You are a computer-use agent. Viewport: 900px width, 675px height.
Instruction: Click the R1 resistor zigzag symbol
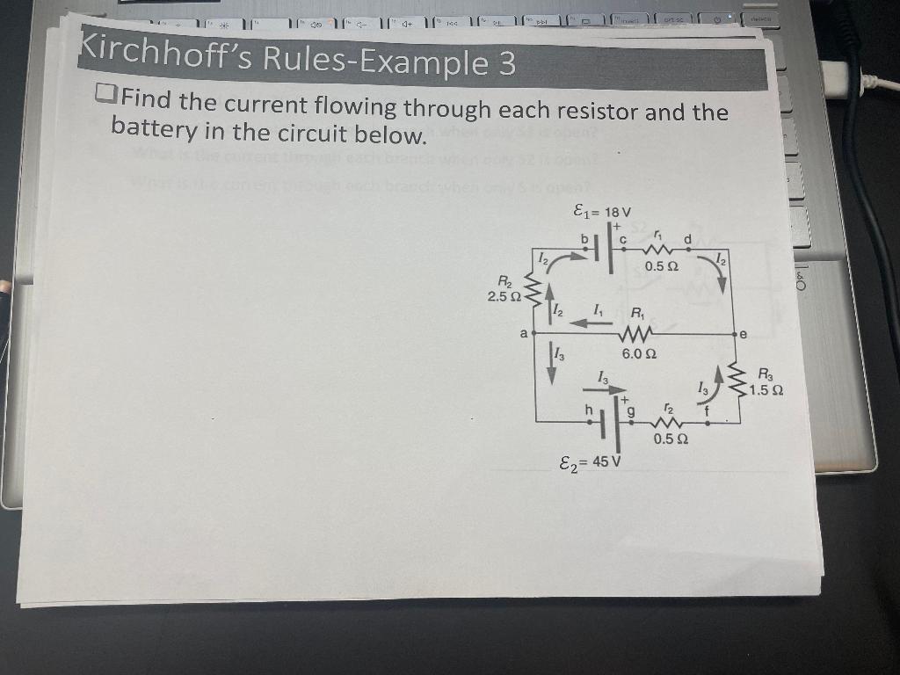point(635,334)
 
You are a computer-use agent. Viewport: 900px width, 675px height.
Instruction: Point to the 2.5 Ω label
point(503,296)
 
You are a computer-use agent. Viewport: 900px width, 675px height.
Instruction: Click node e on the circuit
point(743,334)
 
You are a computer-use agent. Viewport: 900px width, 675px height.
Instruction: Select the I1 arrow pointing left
point(591,323)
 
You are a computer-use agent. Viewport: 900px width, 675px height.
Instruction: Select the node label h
point(590,409)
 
